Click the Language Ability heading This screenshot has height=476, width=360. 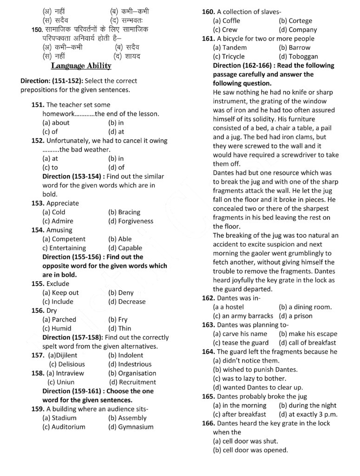[x=81, y=66]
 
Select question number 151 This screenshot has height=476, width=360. [x=38, y=105]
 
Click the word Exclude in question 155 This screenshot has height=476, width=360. [x=58, y=284]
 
